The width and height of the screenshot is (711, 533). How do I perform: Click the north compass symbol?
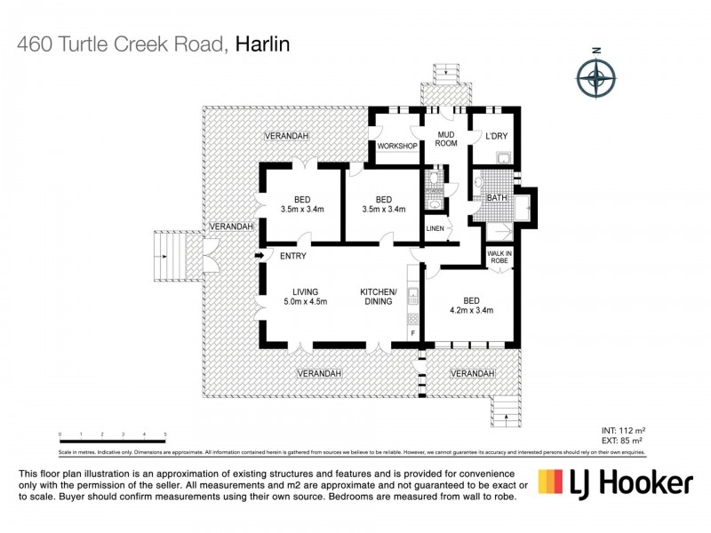(596, 78)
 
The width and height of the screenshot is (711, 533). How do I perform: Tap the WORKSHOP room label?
(397, 146)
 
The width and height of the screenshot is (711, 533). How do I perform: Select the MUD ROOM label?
(445, 139)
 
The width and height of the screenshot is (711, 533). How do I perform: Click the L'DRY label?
(496, 136)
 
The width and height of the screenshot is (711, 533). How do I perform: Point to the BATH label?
(496, 198)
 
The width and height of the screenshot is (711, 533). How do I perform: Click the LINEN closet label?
(435, 229)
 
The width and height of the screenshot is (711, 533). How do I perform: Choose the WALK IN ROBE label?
(499, 259)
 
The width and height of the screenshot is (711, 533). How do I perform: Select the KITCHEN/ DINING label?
(382, 297)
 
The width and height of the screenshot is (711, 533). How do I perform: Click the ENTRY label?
(292, 257)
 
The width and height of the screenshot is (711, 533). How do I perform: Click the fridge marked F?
(413, 333)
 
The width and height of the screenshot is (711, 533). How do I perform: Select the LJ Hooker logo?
(615, 482)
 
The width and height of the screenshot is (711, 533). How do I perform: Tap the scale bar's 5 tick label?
(165, 435)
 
